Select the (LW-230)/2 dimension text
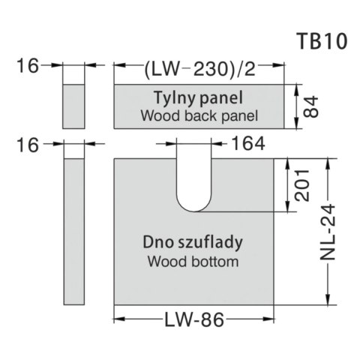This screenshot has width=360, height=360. pos(199,69)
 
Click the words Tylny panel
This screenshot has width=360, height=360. pos(200,98)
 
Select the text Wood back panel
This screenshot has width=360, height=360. pos(199,115)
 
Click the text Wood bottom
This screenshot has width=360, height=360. pos(193,262)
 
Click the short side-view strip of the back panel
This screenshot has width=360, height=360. pos(73,106)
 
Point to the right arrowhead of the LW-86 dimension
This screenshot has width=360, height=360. pos(272,320)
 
